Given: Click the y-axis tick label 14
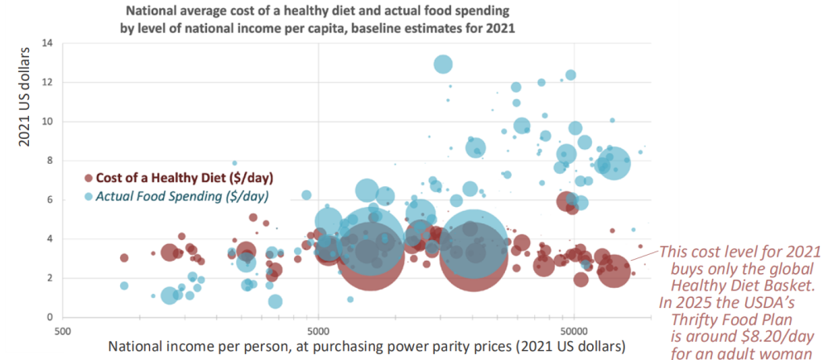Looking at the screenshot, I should (46, 43).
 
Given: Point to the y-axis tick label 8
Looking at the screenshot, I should (49, 161).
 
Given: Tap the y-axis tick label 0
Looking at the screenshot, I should (49, 317).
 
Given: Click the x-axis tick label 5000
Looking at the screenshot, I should (318, 330).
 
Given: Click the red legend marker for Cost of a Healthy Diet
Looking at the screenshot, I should (88, 178).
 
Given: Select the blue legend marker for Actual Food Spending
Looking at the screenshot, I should (88, 196).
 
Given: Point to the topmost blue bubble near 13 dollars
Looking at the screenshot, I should (443, 64).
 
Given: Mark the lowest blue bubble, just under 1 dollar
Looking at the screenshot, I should (275, 301).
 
